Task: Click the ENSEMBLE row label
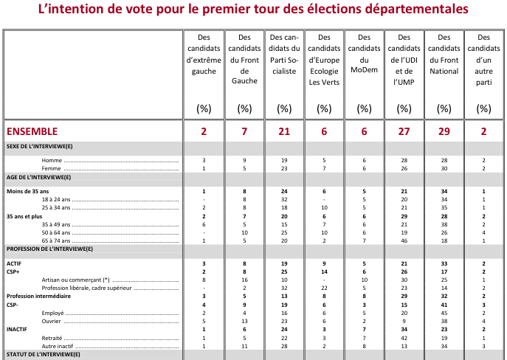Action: click(32, 131)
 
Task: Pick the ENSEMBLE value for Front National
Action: click(444, 131)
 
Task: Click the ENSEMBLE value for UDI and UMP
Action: click(404, 131)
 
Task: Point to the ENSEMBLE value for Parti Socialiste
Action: click(284, 131)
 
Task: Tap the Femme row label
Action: click(52, 168)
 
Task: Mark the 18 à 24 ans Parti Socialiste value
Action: click(284, 199)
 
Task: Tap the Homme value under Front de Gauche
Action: click(244, 160)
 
